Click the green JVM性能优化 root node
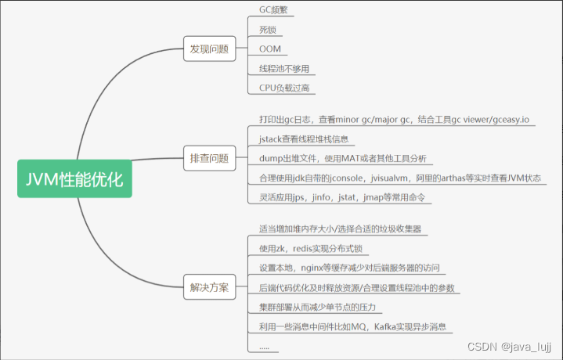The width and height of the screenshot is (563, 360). click(74, 180)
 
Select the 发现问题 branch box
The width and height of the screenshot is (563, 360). click(209, 49)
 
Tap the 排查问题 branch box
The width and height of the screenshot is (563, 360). click(209, 158)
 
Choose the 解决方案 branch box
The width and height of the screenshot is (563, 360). click(209, 287)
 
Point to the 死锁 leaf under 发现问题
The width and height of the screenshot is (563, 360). click(267, 30)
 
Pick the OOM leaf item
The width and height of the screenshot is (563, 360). click(269, 49)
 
